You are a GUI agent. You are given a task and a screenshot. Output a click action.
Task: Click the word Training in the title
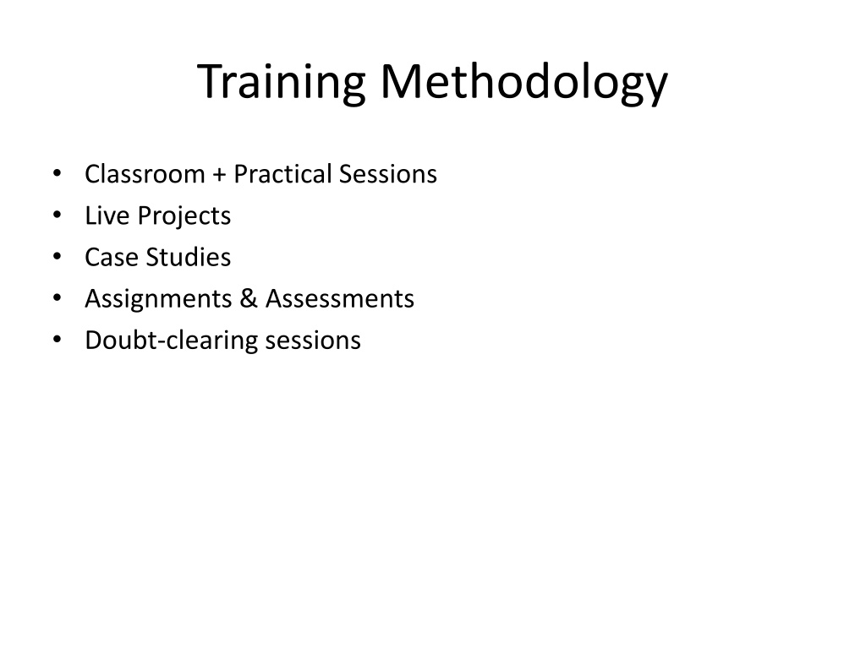(281, 82)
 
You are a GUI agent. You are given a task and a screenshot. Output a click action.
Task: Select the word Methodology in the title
(524, 82)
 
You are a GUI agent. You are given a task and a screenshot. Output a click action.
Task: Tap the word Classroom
(145, 174)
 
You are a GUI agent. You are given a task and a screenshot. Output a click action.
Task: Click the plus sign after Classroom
(219, 175)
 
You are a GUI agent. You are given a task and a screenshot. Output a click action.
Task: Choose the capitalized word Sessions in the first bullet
(387, 174)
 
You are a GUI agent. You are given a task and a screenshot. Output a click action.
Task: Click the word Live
(107, 215)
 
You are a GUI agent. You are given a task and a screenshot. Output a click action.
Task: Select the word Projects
(184, 216)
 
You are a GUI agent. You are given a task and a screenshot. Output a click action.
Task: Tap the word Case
(112, 257)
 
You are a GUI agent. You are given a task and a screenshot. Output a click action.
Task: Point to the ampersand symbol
(249, 298)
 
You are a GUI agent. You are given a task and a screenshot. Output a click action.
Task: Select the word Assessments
(340, 298)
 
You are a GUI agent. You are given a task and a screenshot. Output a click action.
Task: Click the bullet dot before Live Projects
(57, 215)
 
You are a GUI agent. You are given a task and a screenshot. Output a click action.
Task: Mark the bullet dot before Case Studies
(57, 256)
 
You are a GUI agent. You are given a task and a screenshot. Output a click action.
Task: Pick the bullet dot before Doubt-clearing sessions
(57, 340)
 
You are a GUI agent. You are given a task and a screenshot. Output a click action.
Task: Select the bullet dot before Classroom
(57, 173)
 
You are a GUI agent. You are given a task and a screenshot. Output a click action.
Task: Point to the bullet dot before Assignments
(57, 298)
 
